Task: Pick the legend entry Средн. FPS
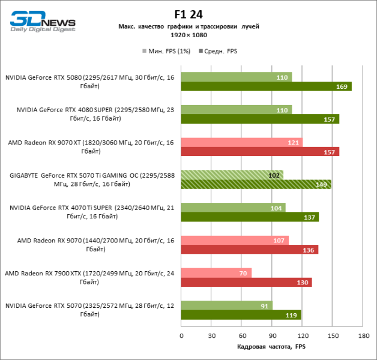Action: [x=219, y=51]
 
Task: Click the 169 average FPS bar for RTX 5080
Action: [x=266, y=86]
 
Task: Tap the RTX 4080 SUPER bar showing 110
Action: [x=237, y=110]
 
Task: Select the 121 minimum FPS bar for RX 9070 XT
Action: [x=242, y=142]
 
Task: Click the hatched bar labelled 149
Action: [x=256, y=184]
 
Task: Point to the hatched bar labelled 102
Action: [x=232, y=175]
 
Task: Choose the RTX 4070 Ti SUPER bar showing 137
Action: [x=250, y=217]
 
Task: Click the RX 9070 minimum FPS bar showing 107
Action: [x=235, y=240]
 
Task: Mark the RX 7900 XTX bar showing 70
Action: [x=216, y=273]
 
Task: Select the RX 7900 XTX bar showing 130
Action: [x=246, y=282]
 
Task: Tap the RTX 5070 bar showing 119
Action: [x=241, y=314]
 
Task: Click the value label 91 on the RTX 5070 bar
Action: [x=265, y=305]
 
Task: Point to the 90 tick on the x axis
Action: [x=272, y=335]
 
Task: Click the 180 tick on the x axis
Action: [x=363, y=335]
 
